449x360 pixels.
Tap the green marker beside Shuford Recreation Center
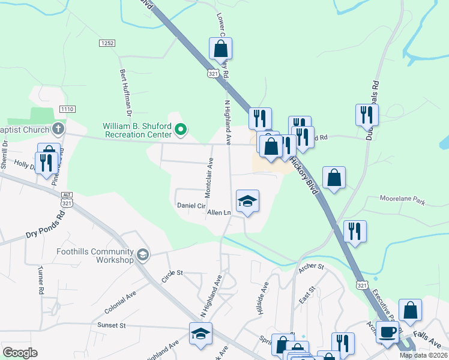(x=184, y=128)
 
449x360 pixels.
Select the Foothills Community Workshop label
(x=95, y=256)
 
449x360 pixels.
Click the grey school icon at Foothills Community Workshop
(x=142, y=255)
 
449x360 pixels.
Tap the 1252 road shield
(x=107, y=43)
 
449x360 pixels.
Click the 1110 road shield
(x=67, y=109)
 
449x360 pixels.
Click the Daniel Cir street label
(x=191, y=205)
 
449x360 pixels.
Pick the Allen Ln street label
(x=218, y=212)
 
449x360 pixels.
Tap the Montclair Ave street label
(x=209, y=178)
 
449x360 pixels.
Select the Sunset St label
(x=111, y=325)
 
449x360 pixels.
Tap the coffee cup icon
(x=387, y=331)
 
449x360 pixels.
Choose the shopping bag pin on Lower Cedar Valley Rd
(x=220, y=48)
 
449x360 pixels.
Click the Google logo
(x=20, y=353)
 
